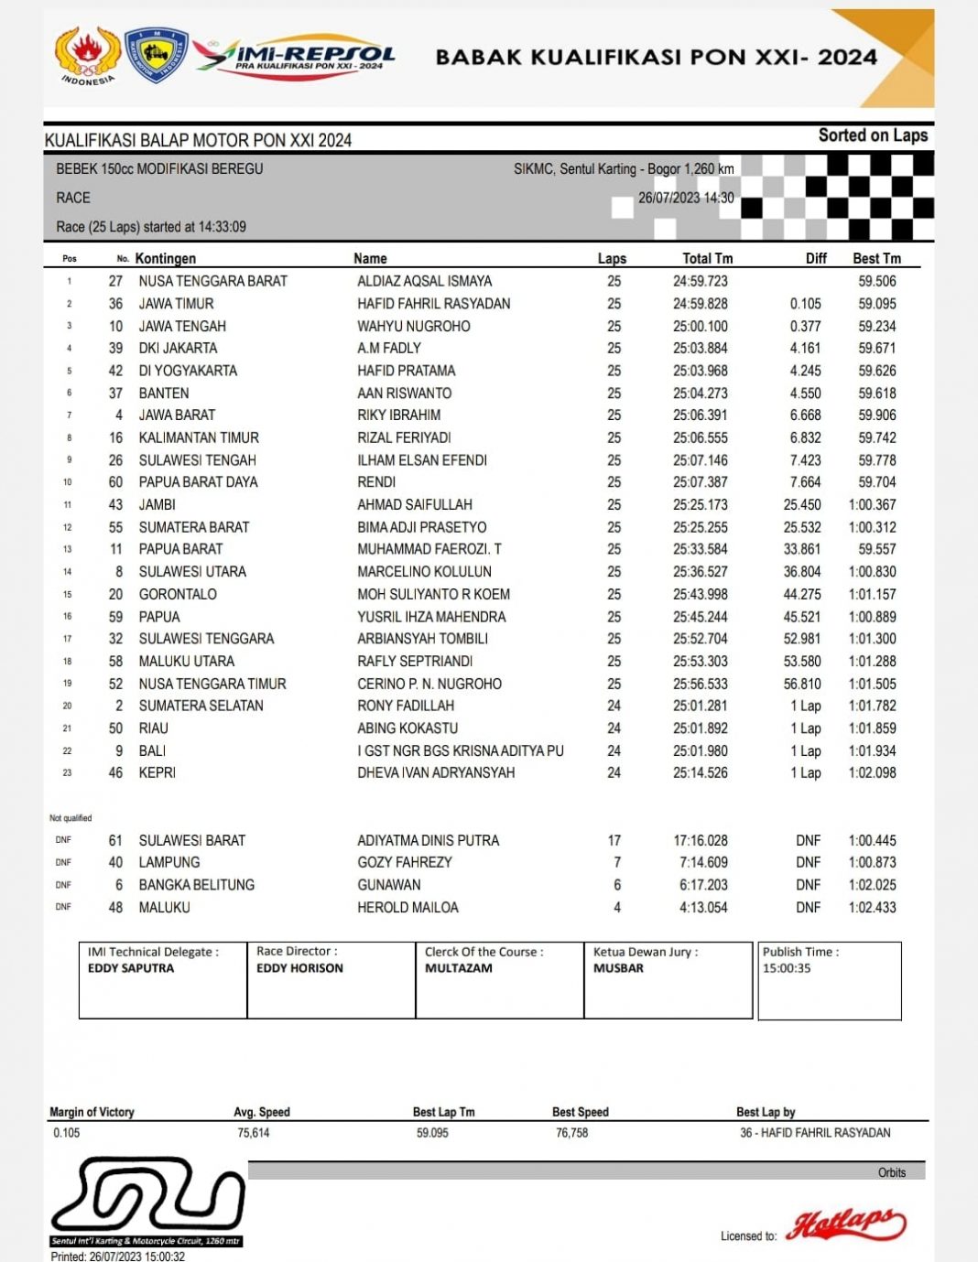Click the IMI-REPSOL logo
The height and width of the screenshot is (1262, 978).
coord(295,57)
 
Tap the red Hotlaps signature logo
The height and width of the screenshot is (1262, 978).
coord(846,1224)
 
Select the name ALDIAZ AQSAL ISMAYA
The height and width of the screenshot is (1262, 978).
coord(424,281)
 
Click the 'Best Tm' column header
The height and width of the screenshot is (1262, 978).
coord(876,259)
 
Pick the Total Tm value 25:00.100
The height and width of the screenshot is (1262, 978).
coord(701,326)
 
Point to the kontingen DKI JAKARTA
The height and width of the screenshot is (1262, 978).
coord(178,348)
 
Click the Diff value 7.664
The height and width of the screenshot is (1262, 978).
coord(805,482)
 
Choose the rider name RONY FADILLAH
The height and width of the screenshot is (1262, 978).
coord(406,706)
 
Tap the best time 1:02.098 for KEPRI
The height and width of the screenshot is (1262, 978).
coord(872,772)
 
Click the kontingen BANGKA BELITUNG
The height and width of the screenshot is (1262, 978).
coord(196,885)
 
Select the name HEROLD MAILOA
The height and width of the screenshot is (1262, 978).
coord(407,908)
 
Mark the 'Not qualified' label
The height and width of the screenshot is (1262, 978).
coord(71,818)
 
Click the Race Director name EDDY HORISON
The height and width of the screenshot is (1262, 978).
coord(299,968)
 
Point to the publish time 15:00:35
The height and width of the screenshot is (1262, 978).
coord(787,968)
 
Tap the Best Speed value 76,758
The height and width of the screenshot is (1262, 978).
coord(572,1133)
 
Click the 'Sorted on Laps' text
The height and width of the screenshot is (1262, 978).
coord(873,135)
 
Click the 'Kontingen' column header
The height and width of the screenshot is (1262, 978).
coord(165,259)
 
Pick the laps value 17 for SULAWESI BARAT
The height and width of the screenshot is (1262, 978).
coord(614,840)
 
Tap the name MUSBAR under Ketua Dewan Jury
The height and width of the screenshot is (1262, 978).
coord(618,968)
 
